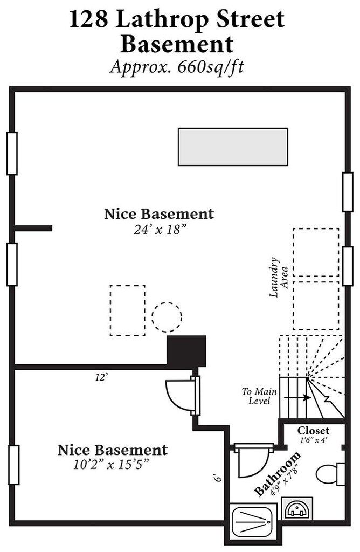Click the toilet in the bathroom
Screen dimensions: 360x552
(x=330, y=474)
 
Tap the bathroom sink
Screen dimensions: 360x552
(x=297, y=508)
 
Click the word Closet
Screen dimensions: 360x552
(x=313, y=431)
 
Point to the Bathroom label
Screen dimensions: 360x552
(x=278, y=473)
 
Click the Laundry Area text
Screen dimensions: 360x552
(x=279, y=278)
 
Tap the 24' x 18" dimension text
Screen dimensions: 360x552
(x=160, y=230)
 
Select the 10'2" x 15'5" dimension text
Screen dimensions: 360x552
(x=109, y=465)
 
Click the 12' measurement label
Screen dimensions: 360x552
(x=101, y=378)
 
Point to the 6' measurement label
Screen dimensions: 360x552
(x=218, y=478)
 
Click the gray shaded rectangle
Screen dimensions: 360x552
(x=233, y=147)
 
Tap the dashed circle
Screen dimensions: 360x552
(x=167, y=317)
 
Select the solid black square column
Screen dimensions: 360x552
(x=186, y=351)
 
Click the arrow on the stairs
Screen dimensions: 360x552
(x=297, y=397)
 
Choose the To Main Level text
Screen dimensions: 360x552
(x=259, y=396)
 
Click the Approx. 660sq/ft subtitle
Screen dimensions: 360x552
(x=177, y=66)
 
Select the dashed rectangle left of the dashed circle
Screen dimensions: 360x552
(x=127, y=310)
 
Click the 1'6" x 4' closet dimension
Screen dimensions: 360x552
(x=314, y=440)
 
